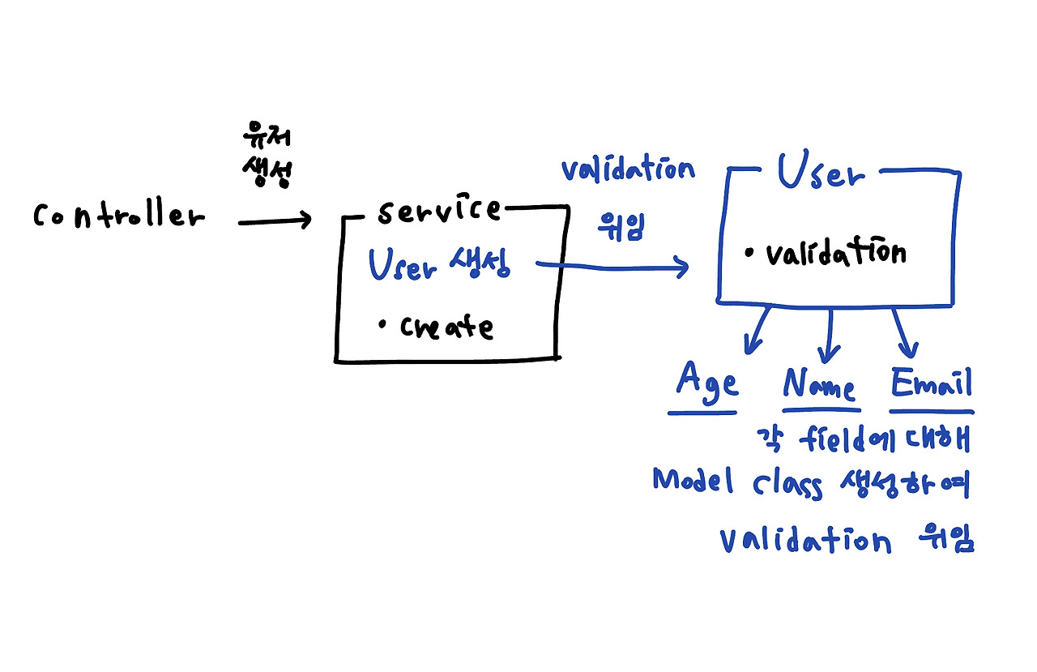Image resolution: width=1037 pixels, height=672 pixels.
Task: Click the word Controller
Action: coord(118,216)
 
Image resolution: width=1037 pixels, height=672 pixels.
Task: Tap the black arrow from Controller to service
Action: coord(274,220)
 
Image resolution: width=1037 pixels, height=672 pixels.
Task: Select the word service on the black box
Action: coord(438,211)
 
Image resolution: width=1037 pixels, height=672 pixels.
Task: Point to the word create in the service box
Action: coord(446,327)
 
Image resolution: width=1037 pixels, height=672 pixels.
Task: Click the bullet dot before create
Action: coord(382,325)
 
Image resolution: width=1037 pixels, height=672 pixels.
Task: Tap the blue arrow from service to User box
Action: coord(616,265)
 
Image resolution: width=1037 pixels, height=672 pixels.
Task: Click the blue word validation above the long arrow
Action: coord(628,170)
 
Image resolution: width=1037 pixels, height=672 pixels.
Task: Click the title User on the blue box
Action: coord(820,173)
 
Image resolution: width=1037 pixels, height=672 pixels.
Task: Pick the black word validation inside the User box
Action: coord(835,254)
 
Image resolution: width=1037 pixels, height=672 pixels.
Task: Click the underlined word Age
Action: coord(707,382)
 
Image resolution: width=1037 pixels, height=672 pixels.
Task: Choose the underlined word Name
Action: coord(819,385)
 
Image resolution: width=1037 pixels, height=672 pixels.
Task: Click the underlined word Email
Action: coord(931,383)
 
